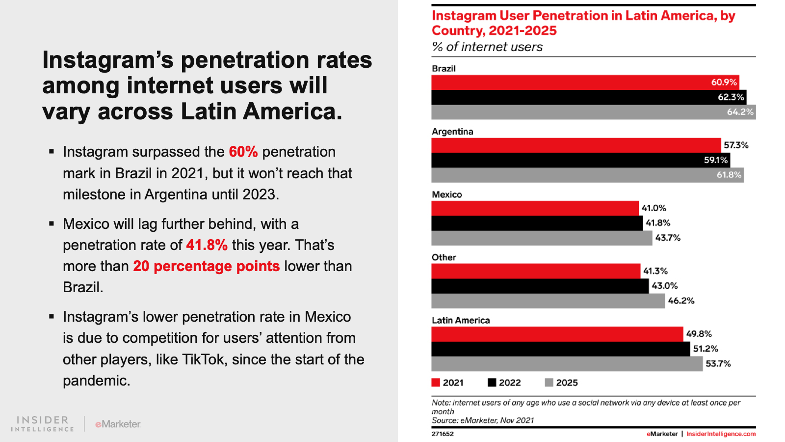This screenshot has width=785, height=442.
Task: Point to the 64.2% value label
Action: [x=740, y=112]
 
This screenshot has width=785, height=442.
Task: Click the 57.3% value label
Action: [x=736, y=145]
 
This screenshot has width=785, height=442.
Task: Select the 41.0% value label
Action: [x=654, y=208]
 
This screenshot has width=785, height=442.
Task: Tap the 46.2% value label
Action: [x=681, y=301]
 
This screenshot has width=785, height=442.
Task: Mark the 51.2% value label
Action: [x=706, y=349]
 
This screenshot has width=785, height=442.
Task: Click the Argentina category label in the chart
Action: [x=452, y=132]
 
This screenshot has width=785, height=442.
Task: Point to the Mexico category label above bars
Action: [x=446, y=194]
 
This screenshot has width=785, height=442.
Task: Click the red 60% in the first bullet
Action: [x=243, y=152]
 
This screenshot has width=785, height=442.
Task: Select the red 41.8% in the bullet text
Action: [x=207, y=245]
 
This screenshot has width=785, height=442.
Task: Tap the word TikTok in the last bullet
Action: [x=203, y=359]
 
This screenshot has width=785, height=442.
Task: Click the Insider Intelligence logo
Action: [x=43, y=423]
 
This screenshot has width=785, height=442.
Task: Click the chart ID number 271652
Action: [x=443, y=434]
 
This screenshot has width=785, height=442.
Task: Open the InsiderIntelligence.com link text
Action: [x=721, y=434]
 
